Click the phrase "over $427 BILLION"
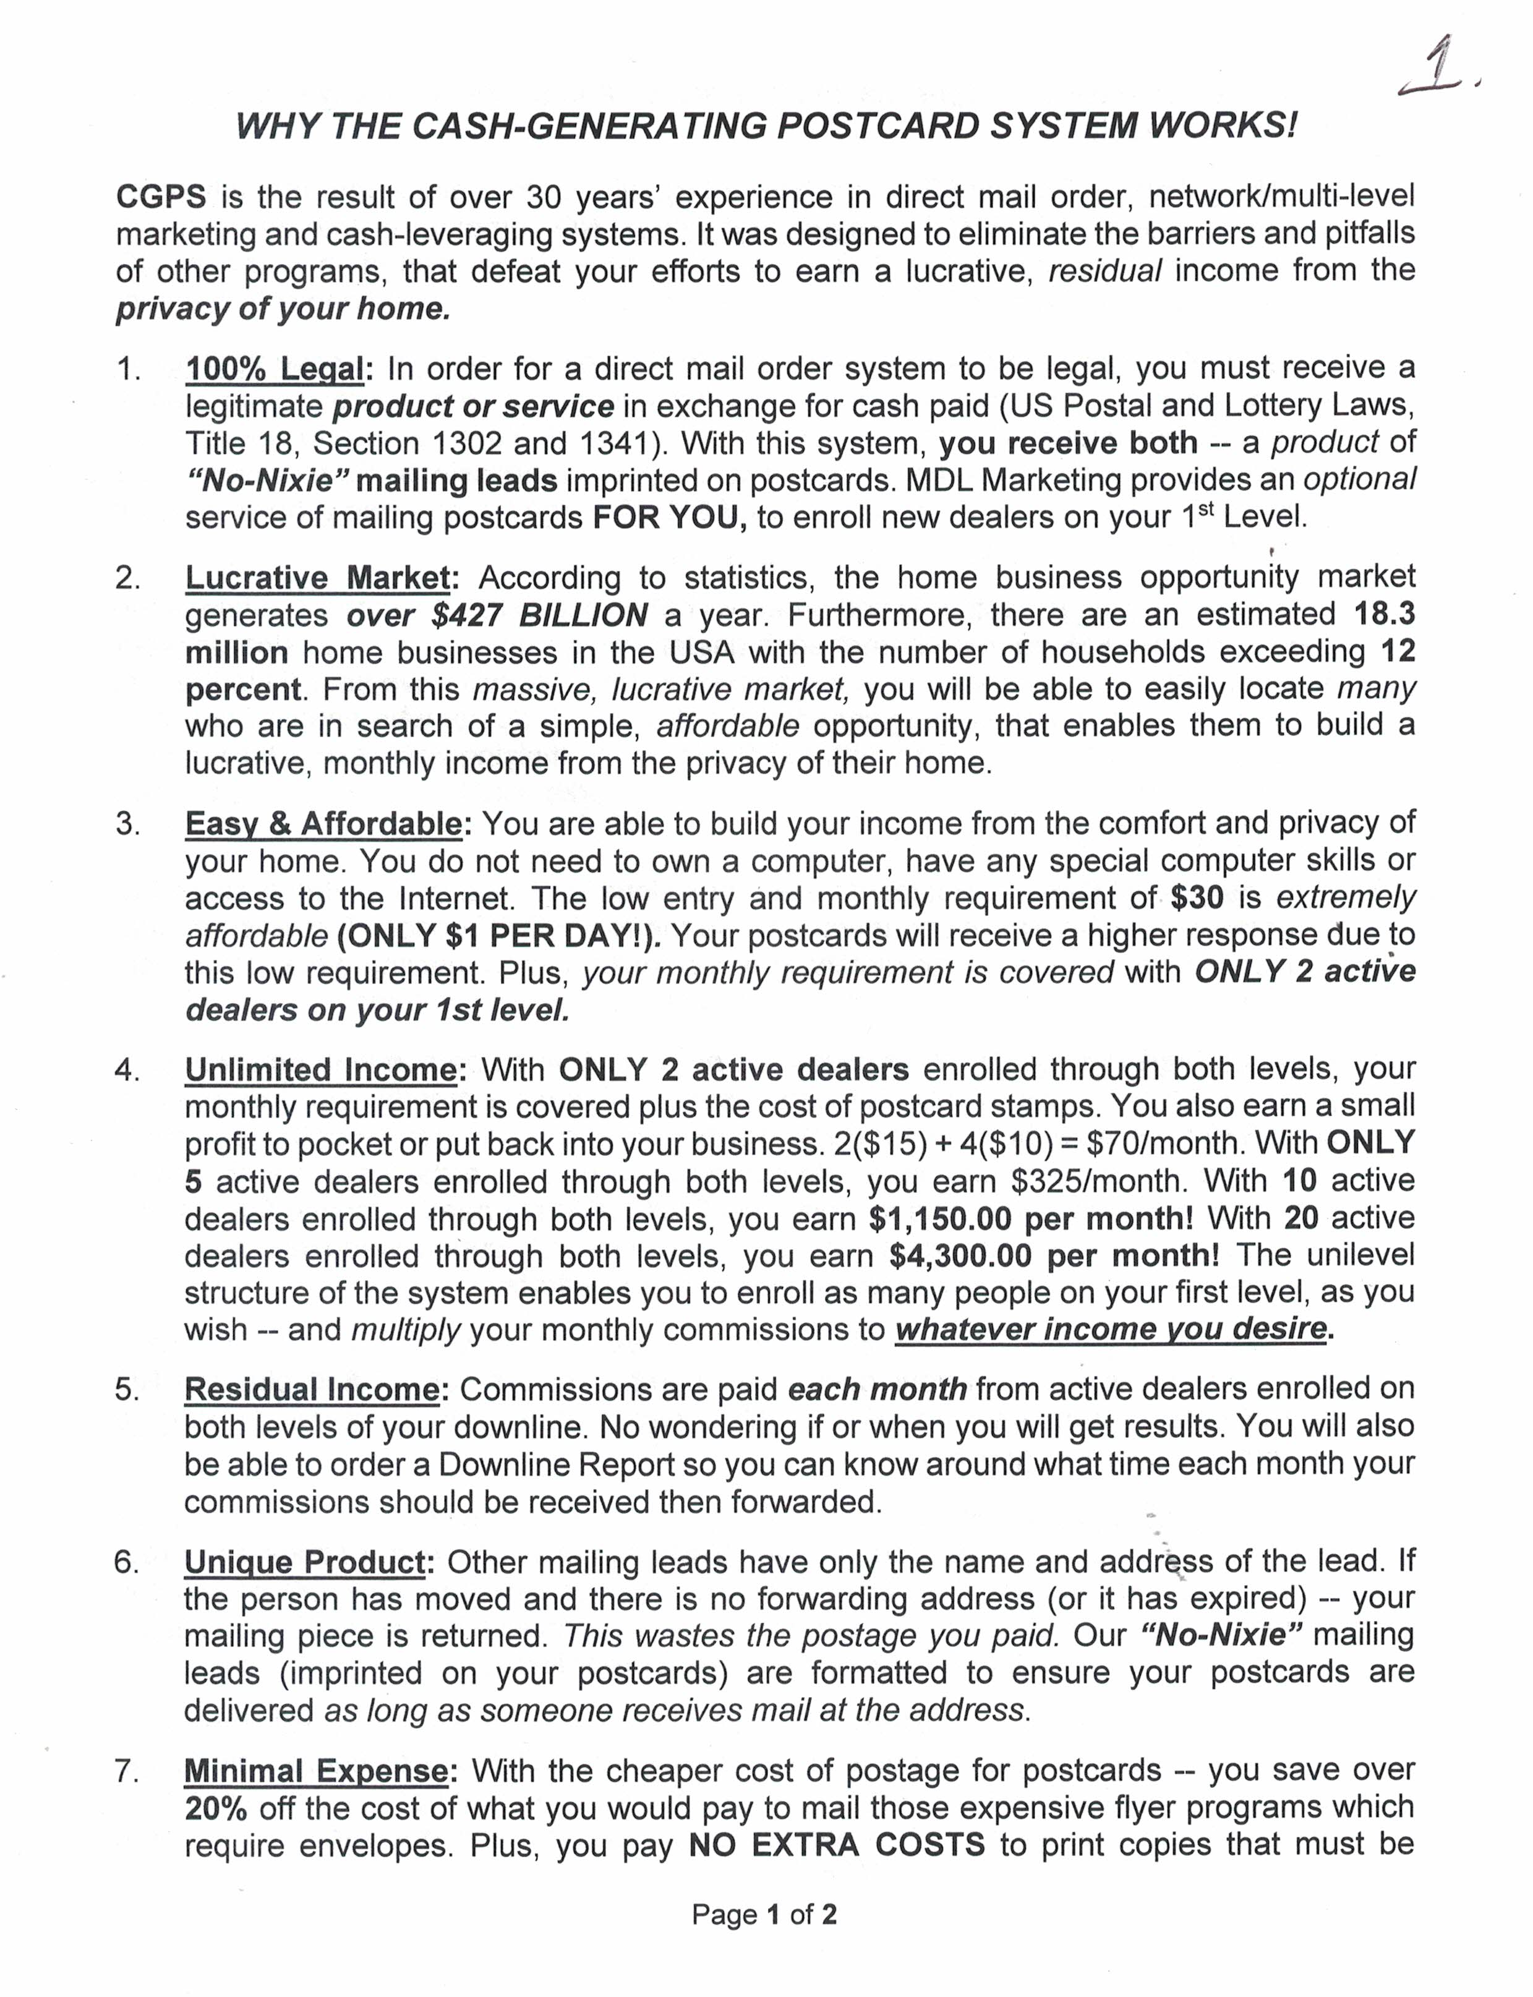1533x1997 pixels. coord(497,615)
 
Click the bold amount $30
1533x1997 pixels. coord(1197,898)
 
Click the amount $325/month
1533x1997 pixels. coord(1100,1181)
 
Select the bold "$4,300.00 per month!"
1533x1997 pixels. coord(1054,1256)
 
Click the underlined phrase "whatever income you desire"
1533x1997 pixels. coord(1109,1329)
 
